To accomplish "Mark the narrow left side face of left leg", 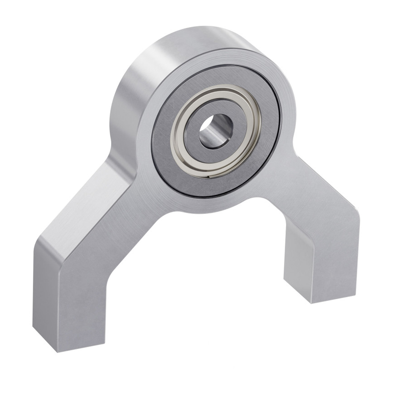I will (45, 295).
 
